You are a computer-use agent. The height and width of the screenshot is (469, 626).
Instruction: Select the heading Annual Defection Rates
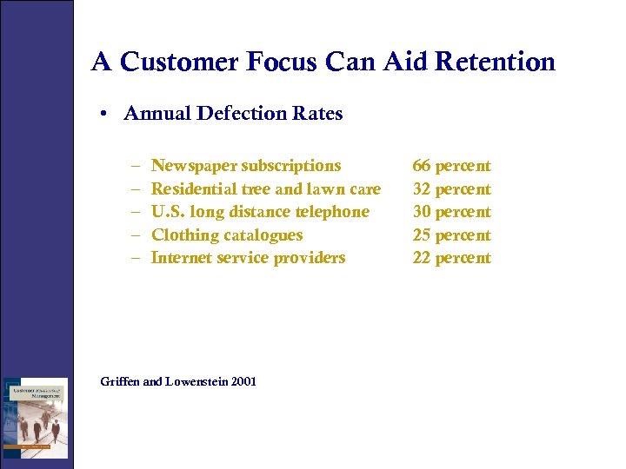[233, 113]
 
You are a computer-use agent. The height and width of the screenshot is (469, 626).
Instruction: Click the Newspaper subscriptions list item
[246, 166]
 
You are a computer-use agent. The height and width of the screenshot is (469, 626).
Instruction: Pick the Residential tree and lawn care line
[266, 188]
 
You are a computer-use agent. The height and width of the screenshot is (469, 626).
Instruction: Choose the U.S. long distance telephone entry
[260, 212]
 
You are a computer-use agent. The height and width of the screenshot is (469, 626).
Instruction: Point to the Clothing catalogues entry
[227, 234]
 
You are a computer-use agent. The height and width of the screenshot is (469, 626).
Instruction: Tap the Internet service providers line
[248, 258]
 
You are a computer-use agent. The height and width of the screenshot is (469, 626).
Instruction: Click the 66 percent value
[451, 166]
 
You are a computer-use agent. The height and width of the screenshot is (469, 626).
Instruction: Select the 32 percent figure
[451, 188]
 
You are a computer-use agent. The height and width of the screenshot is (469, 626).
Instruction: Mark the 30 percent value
[451, 212]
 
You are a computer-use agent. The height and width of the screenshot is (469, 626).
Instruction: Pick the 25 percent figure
[451, 234]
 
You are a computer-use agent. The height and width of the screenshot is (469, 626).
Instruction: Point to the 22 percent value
[451, 258]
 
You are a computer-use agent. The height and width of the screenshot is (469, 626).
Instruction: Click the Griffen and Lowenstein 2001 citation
[178, 381]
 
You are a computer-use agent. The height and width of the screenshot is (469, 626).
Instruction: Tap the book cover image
[35, 417]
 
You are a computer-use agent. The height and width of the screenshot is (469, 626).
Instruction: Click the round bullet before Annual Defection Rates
[103, 114]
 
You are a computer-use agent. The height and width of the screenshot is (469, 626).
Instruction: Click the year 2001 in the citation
[243, 381]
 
